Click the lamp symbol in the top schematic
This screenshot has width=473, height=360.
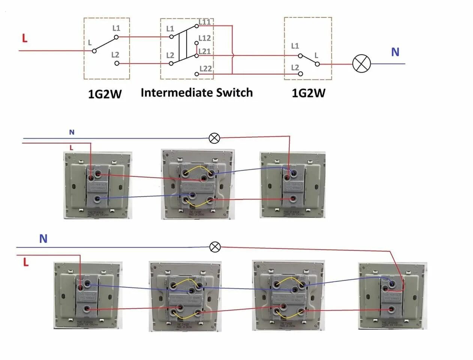pyautogui.click(x=361, y=64)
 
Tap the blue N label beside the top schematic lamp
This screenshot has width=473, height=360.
pyautogui.click(x=395, y=52)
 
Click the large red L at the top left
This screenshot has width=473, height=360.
pyautogui.click(x=25, y=38)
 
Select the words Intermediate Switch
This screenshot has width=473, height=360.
pyautogui.click(x=196, y=93)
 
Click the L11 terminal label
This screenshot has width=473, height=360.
pyautogui.click(x=205, y=22)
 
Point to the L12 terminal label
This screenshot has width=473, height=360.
pyautogui.click(x=205, y=38)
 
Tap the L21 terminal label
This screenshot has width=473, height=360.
pyautogui.click(x=205, y=51)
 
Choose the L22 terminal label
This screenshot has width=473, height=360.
pyautogui.click(x=205, y=69)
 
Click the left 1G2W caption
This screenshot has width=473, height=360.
pyautogui.click(x=105, y=94)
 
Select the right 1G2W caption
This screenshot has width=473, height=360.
pyautogui.click(x=308, y=93)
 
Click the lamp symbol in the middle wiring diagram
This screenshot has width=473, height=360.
pyautogui.click(x=214, y=138)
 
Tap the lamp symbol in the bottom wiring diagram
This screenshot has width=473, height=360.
pyautogui.click(x=215, y=247)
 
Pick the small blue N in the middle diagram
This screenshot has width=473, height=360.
pyautogui.click(x=72, y=132)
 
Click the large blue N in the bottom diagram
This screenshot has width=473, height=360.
pyautogui.click(x=43, y=238)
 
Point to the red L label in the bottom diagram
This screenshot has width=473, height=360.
pyautogui.click(x=25, y=262)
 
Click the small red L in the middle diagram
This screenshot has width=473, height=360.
pyautogui.click(x=71, y=148)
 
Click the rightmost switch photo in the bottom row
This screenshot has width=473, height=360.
pyautogui.click(x=392, y=296)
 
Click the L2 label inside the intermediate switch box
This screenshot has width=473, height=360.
pyautogui.click(x=170, y=55)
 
